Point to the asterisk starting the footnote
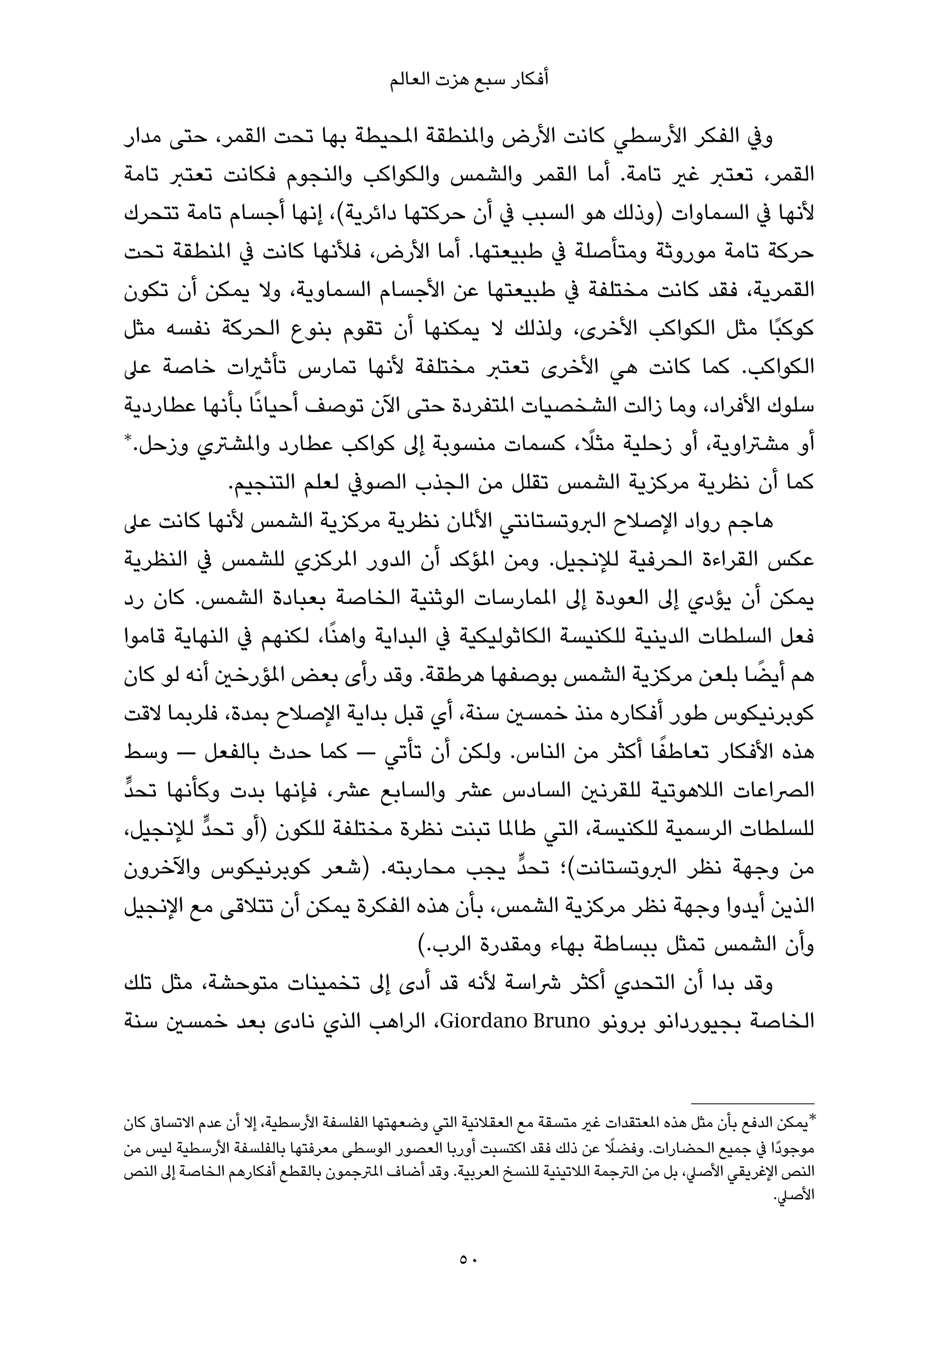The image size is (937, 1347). (812, 1118)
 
